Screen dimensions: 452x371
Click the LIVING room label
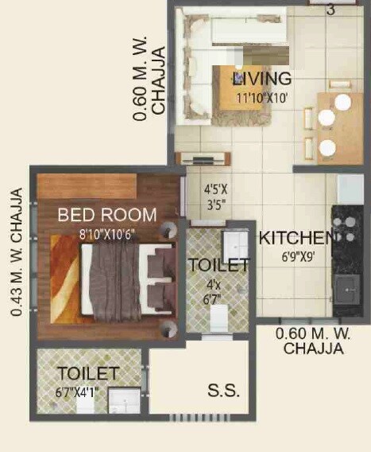(x=261, y=79)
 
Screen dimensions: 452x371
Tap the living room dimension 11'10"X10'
(x=261, y=98)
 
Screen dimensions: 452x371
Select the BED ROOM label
(x=107, y=214)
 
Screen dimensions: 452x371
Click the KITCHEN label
(x=295, y=238)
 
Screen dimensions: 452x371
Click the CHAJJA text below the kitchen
(x=313, y=349)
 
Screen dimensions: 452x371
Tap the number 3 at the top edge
(x=330, y=10)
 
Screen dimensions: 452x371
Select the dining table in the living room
(x=340, y=127)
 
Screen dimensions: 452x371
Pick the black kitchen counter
(x=347, y=259)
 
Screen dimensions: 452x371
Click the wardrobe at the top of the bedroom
(x=87, y=187)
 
